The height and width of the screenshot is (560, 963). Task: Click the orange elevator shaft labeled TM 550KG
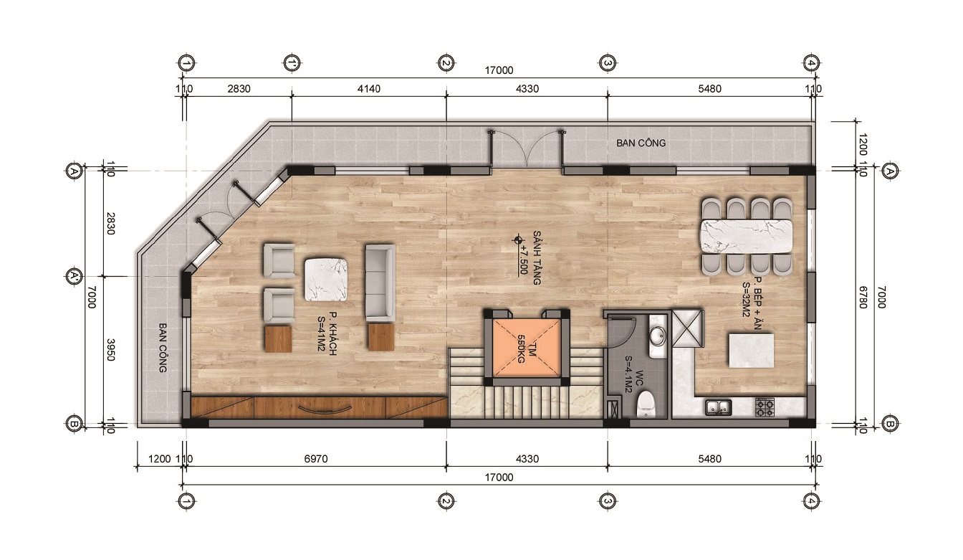(x=527, y=348)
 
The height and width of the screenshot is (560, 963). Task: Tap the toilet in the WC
(x=646, y=404)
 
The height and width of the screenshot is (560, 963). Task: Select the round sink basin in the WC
(x=657, y=336)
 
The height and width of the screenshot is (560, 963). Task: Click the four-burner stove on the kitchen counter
(x=765, y=407)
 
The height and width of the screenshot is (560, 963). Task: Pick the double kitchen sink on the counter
(x=719, y=407)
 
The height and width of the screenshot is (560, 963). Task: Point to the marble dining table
(x=747, y=237)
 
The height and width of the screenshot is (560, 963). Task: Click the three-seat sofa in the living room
(x=380, y=283)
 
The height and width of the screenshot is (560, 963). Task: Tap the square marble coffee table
(x=326, y=279)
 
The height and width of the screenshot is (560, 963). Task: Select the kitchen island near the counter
(x=752, y=351)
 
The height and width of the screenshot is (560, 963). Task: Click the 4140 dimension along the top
(x=369, y=89)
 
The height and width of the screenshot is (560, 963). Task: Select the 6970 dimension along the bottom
(x=316, y=459)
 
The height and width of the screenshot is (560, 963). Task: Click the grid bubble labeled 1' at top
(x=292, y=63)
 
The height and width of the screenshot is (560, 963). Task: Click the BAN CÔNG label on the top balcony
(x=641, y=143)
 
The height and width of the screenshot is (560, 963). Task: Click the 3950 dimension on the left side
(x=110, y=350)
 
